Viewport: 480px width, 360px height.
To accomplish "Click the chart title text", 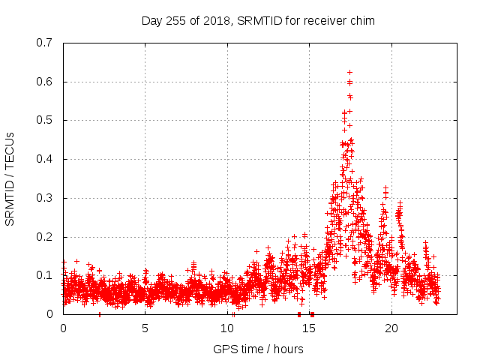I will tap(258, 21).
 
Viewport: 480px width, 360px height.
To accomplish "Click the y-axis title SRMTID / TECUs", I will tap(10, 178).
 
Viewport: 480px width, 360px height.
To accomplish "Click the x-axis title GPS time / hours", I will tap(258, 349).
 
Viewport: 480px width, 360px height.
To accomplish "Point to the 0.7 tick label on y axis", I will tap(46, 43).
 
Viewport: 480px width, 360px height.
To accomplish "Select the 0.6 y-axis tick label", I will tap(46, 82).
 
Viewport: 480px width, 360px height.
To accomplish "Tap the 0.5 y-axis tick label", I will tap(46, 120).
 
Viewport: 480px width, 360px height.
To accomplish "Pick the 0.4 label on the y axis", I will tap(46, 159).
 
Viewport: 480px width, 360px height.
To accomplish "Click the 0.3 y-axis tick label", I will tap(46, 198).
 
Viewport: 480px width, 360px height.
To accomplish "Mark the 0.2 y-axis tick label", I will tap(46, 237).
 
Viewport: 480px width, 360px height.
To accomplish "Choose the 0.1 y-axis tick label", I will tap(46, 275).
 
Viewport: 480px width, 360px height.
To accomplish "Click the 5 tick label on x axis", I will tap(145, 328).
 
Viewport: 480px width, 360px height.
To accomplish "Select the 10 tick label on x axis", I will tap(227, 328).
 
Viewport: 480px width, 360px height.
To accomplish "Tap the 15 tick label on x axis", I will tap(310, 328).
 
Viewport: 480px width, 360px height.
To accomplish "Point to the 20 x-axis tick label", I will tap(391, 328).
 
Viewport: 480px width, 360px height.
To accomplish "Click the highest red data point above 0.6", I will tap(349, 72).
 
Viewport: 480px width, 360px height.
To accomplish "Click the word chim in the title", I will tap(362, 21).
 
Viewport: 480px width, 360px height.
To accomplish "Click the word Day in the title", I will tap(151, 21).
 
